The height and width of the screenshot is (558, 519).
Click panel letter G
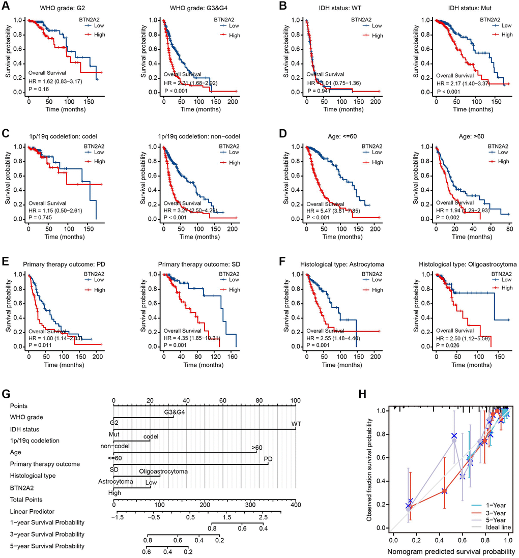6,394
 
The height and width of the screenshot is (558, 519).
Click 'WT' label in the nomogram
296,424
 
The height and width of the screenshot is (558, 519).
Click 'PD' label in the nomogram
268,459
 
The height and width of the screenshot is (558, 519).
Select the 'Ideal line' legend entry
500,527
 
